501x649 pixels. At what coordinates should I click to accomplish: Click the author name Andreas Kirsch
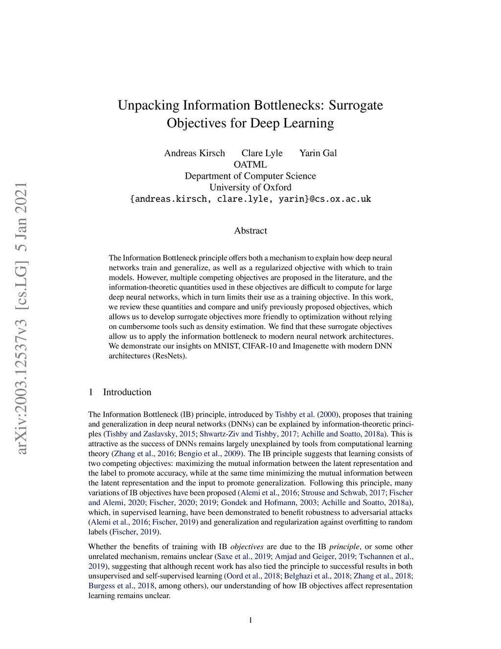(x=194, y=153)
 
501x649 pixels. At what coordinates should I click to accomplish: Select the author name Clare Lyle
(x=262, y=153)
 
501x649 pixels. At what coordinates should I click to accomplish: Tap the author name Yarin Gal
(x=318, y=153)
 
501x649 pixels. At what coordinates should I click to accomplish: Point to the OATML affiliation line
(x=250, y=165)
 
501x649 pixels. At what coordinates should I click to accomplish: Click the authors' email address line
(x=250, y=199)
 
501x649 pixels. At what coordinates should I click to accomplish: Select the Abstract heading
(x=250, y=231)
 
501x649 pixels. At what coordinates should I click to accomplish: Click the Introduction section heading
(x=127, y=392)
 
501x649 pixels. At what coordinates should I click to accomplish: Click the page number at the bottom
(x=250, y=620)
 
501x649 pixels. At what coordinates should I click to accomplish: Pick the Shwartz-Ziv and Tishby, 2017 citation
(x=248, y=434)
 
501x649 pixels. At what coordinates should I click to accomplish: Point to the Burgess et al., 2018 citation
(x=121, y=586)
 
